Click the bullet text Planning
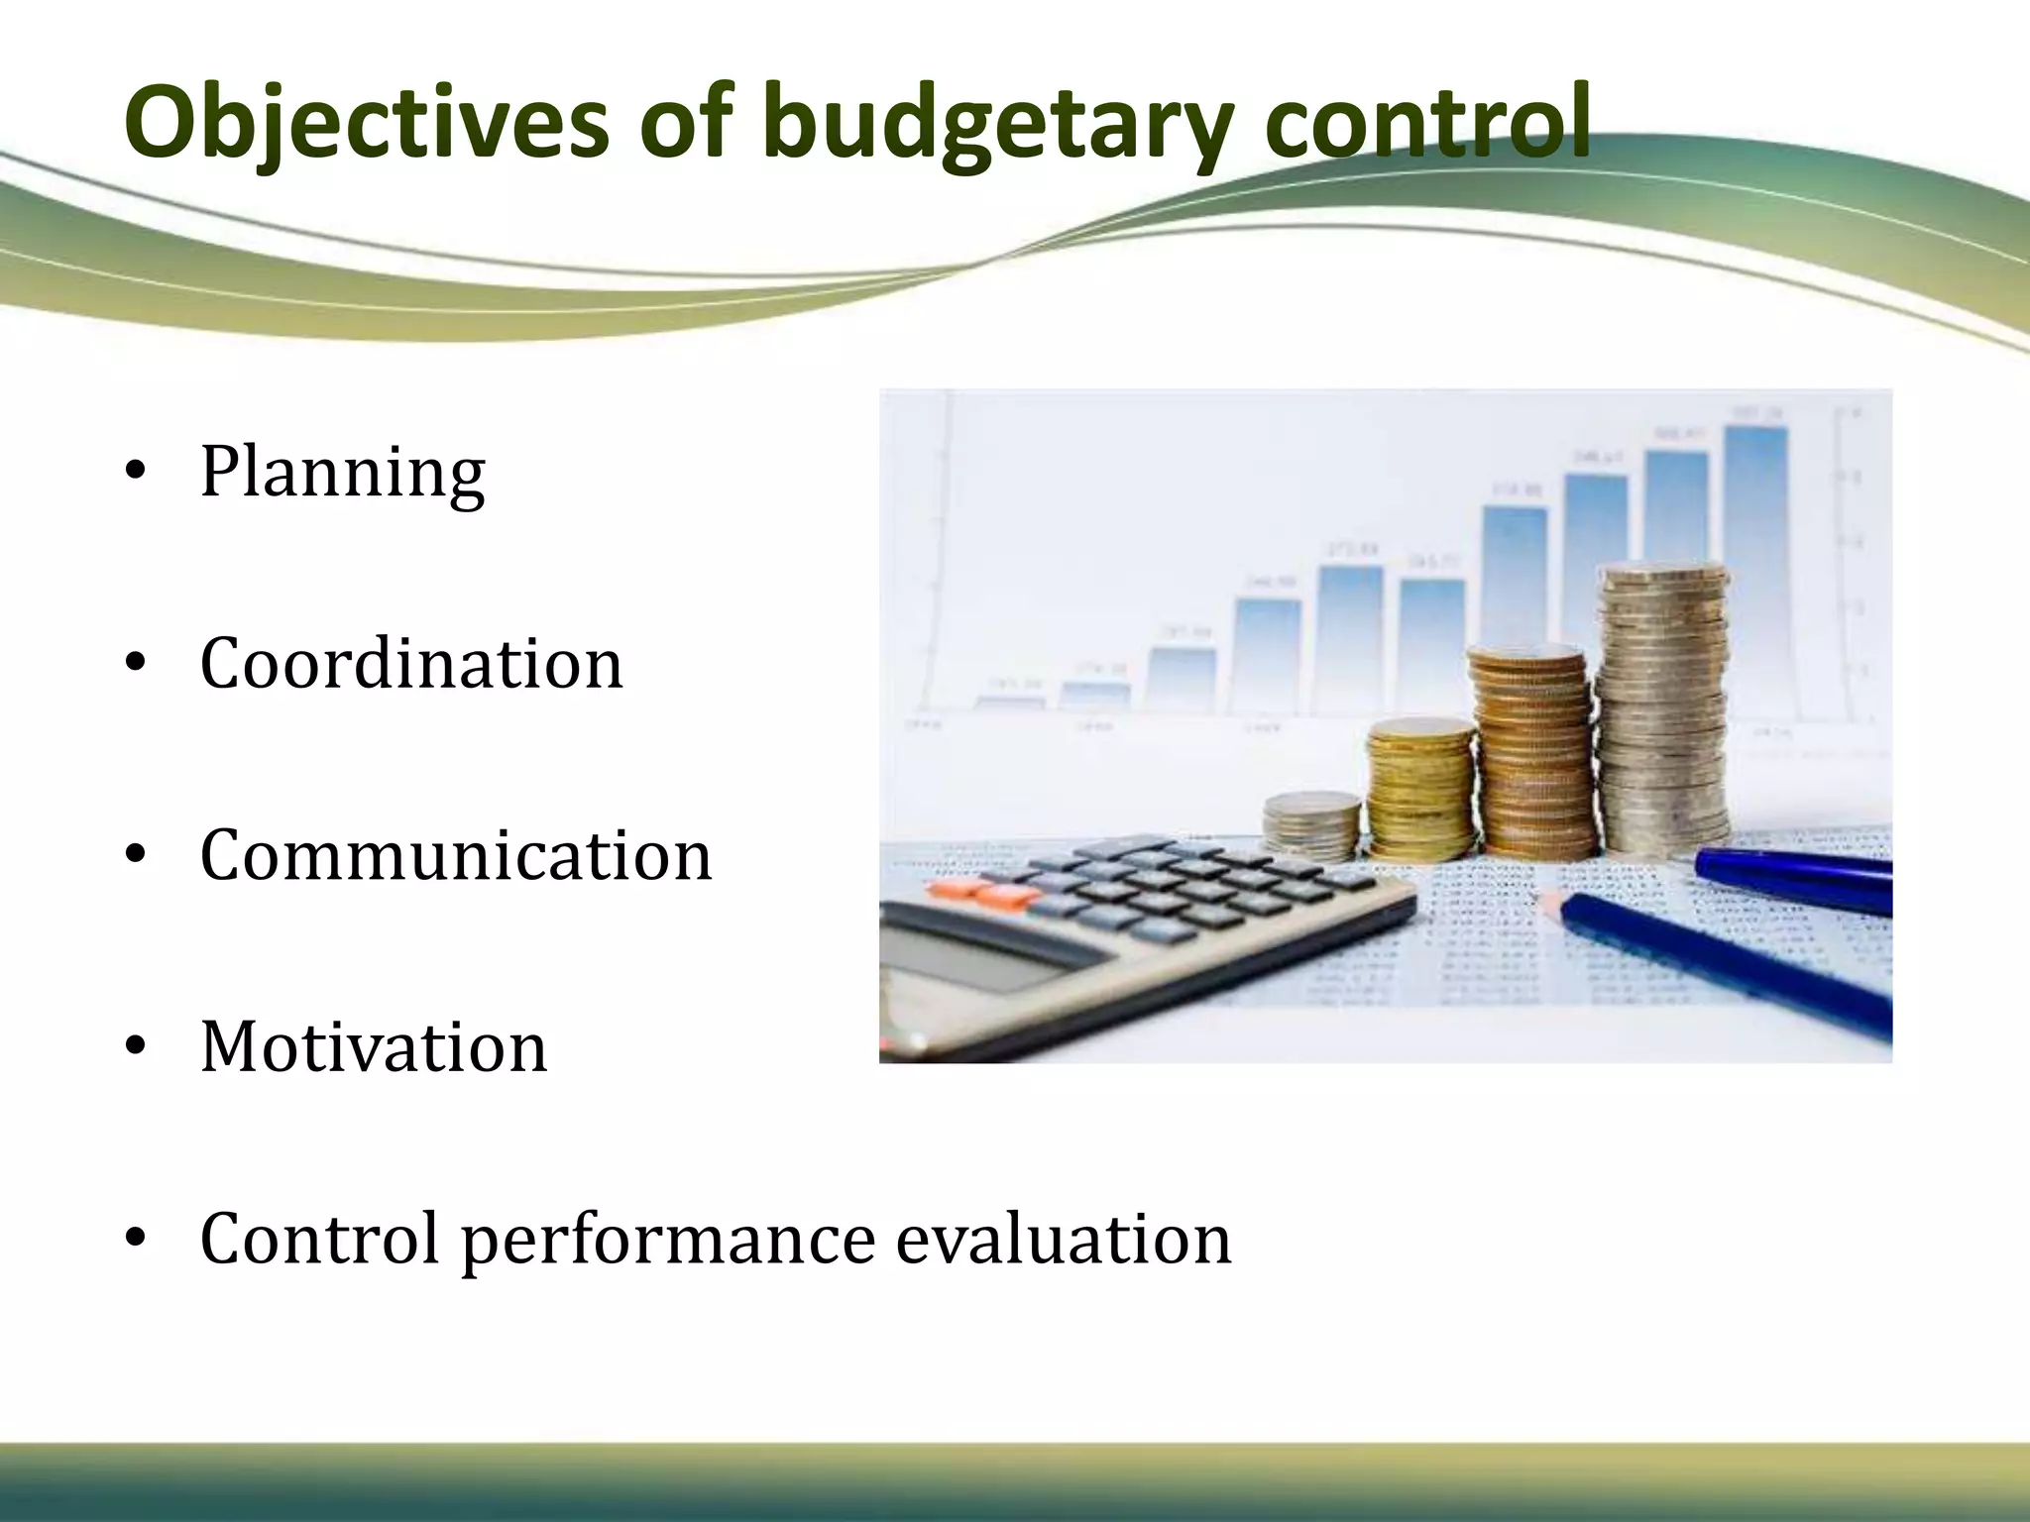[342, 472]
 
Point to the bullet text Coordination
[411, 663]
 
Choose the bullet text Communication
[456, 854]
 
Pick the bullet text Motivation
[374, 1046]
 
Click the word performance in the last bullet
[668, 1239]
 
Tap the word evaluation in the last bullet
[1064, 1239]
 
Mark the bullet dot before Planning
[137, 472]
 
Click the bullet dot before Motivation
[137, 1046]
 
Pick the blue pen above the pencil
[1794, 878]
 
